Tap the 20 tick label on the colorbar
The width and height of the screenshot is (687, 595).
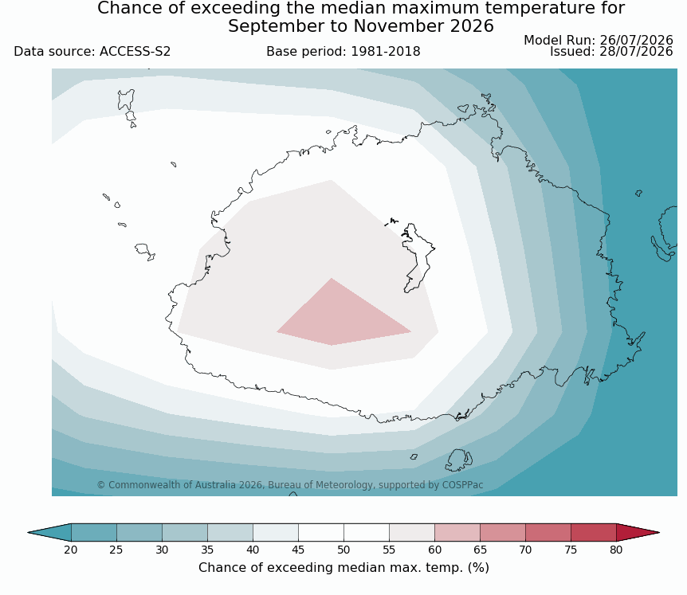(71, 550)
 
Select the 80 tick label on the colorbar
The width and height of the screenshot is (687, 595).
(616, 550)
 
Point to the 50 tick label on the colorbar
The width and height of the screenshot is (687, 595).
(343, 550)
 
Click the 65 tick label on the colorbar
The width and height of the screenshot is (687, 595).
(480, 550)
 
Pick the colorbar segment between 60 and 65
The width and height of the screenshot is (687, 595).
(457, 532)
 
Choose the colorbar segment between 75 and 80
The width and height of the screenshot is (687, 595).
(594, 532)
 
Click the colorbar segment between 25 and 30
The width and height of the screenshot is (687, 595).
(139, 532)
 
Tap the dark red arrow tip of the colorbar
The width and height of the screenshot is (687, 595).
(638, 532)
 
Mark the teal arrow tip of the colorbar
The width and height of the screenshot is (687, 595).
(49, 532)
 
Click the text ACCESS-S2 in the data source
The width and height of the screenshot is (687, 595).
(135, 52)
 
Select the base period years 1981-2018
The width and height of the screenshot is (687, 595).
(386, 52)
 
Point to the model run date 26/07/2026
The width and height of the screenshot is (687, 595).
(636, 41)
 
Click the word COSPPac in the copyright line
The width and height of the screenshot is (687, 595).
(463, 485)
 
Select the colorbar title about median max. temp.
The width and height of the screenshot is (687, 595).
(343, 568)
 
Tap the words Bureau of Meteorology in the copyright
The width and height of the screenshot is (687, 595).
(320, 485)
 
